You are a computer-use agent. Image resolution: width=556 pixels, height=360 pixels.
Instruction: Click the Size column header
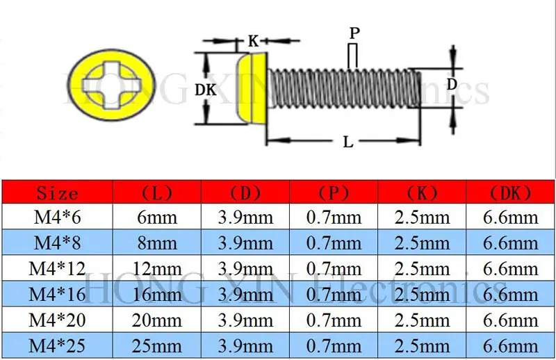pyautogui.click(x=57, y=193)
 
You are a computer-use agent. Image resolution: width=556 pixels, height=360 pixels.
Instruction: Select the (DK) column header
pyautogui.click(x=511, y=193)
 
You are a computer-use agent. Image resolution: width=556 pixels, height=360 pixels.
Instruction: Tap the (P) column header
pyautogui.click(x=334, y=193)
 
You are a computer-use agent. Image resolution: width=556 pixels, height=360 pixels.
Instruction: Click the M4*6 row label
pyautogui.click(x=58, y=217)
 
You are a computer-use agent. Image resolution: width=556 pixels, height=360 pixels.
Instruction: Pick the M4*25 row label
pyautogui.click(x=57, y=346)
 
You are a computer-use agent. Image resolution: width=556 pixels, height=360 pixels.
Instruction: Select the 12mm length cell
pyautogui.click(x=157, y=269)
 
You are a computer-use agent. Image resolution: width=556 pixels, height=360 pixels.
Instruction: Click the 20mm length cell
pyautogui.click(x=157, y=320)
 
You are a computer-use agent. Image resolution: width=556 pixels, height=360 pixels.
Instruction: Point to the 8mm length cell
pyautogui.click(x=157, y=243)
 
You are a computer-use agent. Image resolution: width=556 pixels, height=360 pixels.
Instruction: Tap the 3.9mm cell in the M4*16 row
pyautogui.click(x=245, y=295)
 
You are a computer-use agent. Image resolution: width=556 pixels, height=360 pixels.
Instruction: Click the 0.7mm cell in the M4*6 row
pyautogui.click(x=334, y=217)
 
